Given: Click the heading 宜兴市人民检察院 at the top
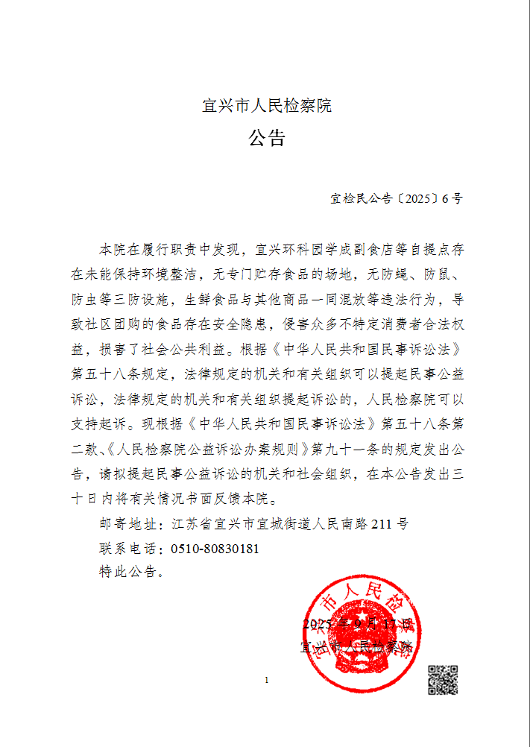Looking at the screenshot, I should (267, 106).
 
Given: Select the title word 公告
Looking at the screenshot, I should (267, 139).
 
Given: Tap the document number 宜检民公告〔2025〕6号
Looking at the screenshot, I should (397, 199).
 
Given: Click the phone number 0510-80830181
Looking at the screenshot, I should (215, 549).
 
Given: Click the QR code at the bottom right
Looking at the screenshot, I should (442, 679).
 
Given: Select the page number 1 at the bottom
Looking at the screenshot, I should (266, 680).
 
